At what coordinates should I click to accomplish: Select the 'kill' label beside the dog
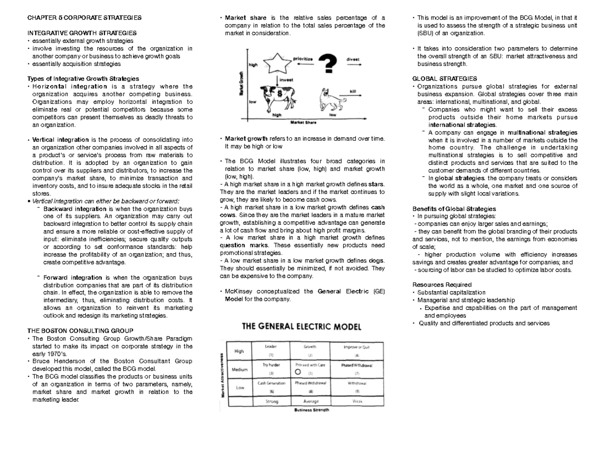pos(352,91)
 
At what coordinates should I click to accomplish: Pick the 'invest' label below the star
pos(286,79)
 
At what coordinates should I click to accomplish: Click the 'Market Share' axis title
pos(302,121)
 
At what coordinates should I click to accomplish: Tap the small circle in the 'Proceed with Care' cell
pos(297,372)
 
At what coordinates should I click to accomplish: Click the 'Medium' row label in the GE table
pos(239,369)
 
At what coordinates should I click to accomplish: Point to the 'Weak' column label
pos(356,402)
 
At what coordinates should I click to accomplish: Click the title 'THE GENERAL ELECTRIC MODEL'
pos(301,326)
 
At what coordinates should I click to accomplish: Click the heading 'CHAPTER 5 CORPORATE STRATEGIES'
pos(84,18)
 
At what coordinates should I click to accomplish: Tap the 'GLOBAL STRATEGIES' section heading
pos(444,79)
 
